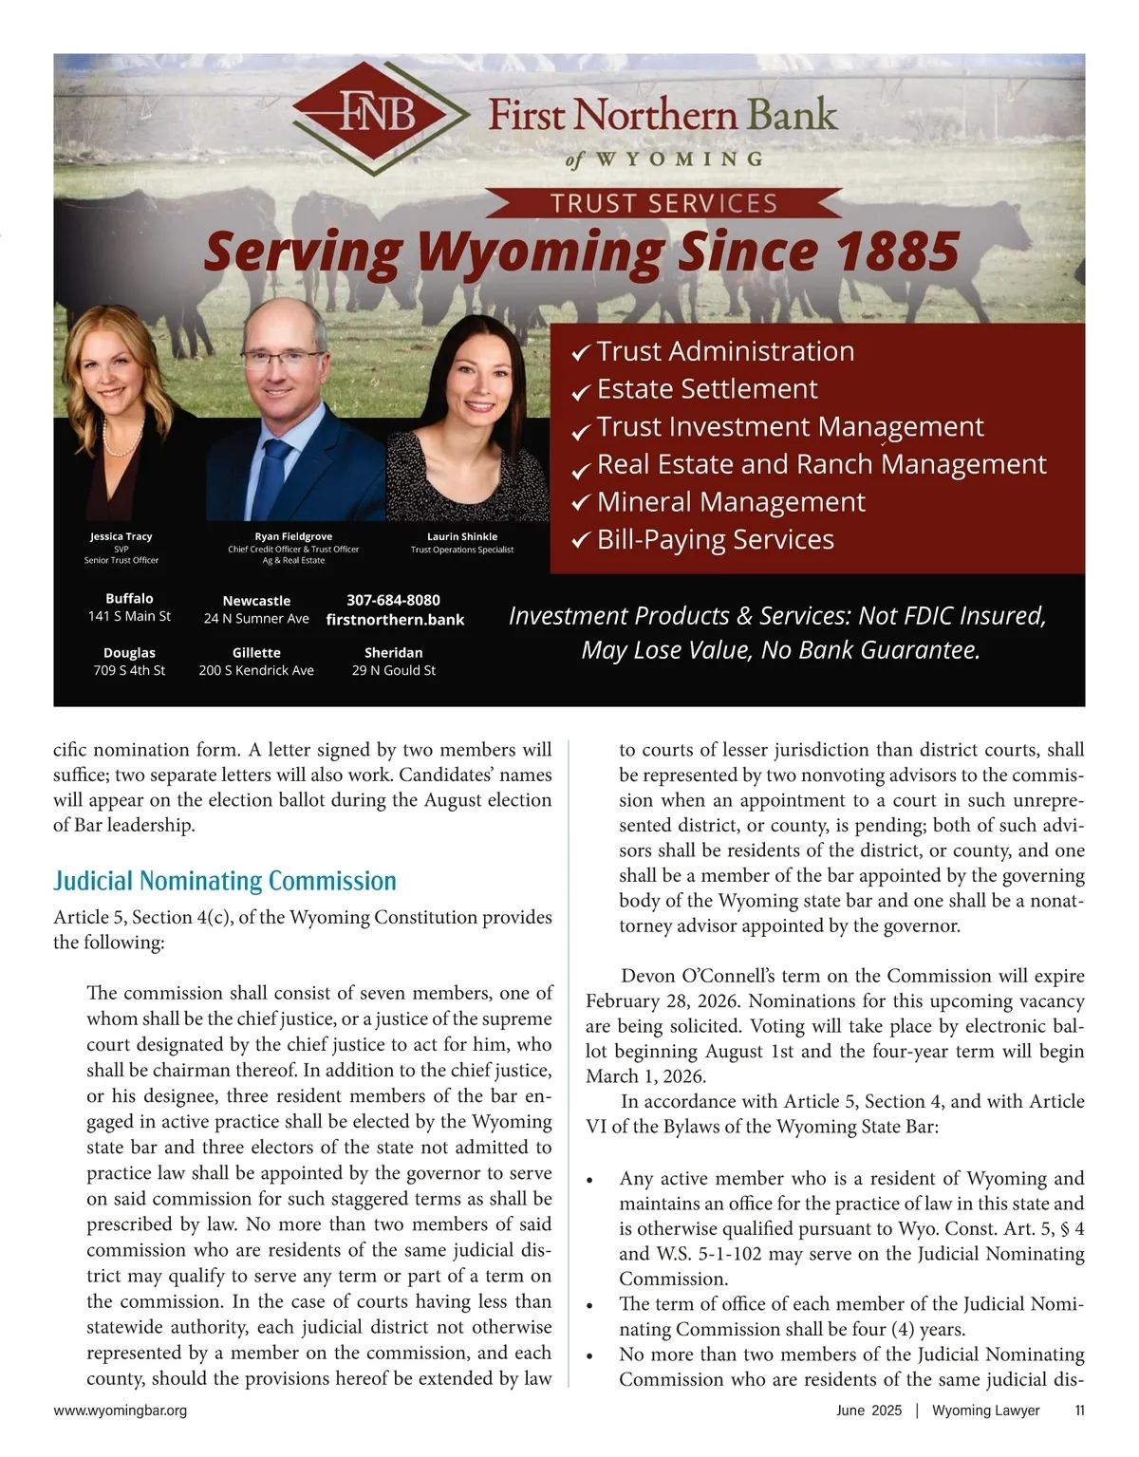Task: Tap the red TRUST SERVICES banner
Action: pos(663,203)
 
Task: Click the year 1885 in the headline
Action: pos(898,252)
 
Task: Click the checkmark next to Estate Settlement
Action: pos(581,391)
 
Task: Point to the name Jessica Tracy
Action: pos(121,536)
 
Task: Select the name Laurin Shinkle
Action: pos(461,536)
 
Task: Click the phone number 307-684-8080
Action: pos(393,600)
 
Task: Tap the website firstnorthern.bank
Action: pos(395,620)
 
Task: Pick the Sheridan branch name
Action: pos(393,652)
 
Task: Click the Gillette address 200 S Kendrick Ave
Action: pos(256,670)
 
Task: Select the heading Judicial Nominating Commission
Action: pos(225,881)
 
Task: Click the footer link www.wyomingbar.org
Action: pos(121,1410)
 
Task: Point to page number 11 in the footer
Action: pos(1079,1410)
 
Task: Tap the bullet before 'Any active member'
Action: pos(590,1181)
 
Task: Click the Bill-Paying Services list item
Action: pos(715,539)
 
